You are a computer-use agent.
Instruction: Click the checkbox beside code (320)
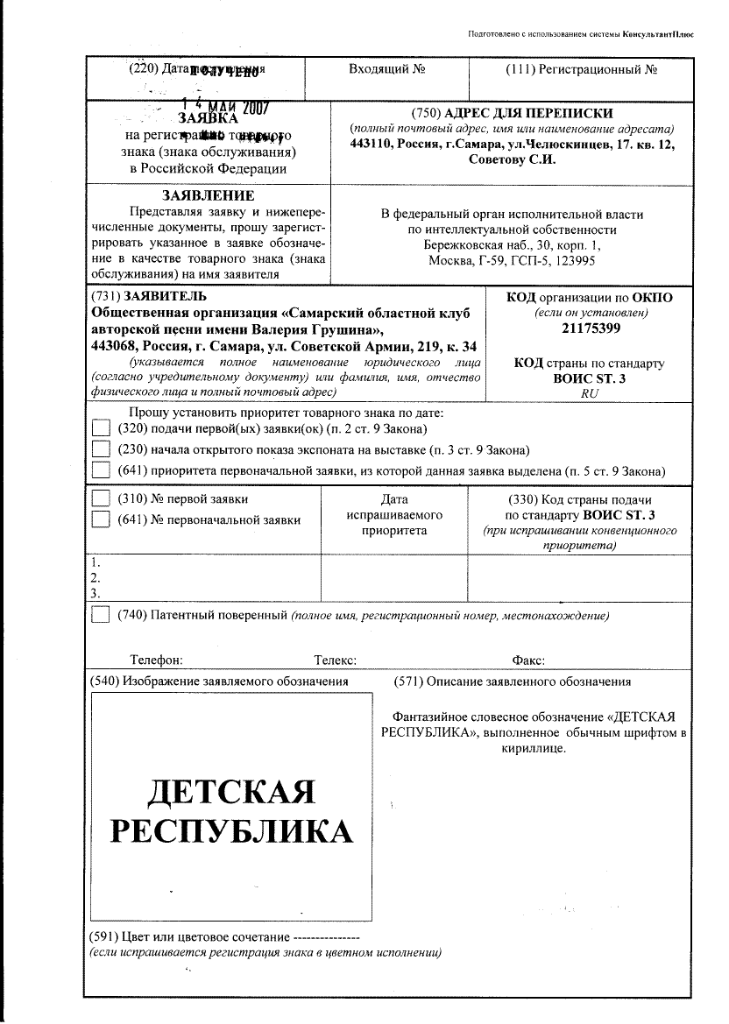(102, 428)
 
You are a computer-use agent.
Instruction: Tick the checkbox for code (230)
(102, 450)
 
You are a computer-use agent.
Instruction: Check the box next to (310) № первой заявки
(102, 498)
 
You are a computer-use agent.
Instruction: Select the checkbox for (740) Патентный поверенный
(102, 615)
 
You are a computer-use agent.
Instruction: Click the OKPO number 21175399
(591, 329)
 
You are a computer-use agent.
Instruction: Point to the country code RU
(590, 394)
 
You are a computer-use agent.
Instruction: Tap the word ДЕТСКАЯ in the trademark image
(231, 792)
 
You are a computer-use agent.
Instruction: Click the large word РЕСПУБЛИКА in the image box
(231, 830)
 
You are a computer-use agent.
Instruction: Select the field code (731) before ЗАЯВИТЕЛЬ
(105, 296)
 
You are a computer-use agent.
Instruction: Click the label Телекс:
(335, 660)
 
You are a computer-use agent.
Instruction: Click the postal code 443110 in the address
(372, 145)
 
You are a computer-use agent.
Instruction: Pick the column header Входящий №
(387, 68)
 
